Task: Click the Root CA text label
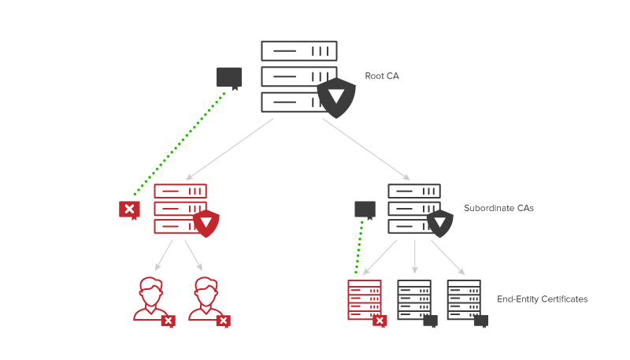pyautogui.click(x=382, y=76)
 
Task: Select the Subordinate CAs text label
pyautogui.click(x=498, y=208)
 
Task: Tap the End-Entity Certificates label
pyautogui.click(x=542, y=299)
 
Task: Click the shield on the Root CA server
pyautogui.click(x=336, y=97)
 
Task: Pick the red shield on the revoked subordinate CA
pyautogui.click(x=206, y=223)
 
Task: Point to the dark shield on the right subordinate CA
pyautogui.click(x=439, y=223)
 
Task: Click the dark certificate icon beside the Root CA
pyautogui.click(x=229, y=77)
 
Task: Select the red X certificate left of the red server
pyautogui.click(x=129, y=209)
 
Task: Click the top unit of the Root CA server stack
pyautogui.click(x=299, y=51)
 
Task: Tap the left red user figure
pyautogui.click(x=149, y=299)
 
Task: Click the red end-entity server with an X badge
pyautogui.click(x=365, y=299)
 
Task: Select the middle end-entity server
pyautogui.click(x=414, y=299)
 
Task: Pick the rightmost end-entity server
pyautogui.click(x=464, y=299)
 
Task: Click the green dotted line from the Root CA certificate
pyautogui.click(x=180, y=143)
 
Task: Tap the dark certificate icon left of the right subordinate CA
pyautogui.click(x=365, y=209)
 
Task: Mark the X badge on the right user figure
pyautogui.click(x=224, y=321)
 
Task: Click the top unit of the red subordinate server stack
pyautogui.click(x=180, y=191)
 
